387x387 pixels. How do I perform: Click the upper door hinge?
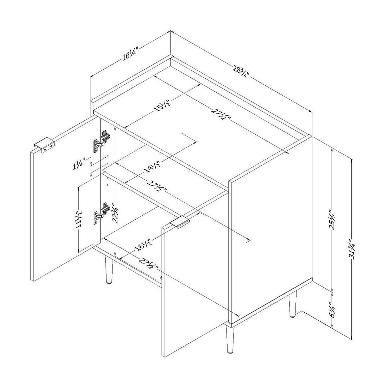pyautogui.click(x=101, y=141)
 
